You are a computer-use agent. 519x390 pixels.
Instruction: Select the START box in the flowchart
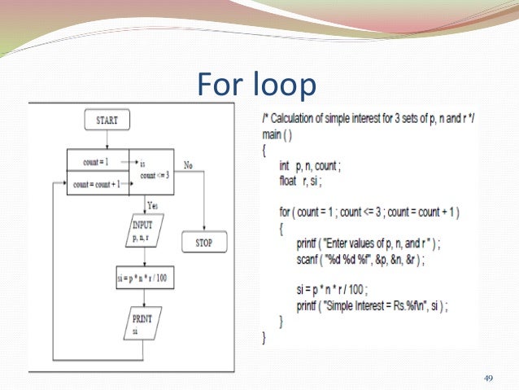[x=107, y=121]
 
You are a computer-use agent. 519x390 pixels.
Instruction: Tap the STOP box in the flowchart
[x=204, y=243]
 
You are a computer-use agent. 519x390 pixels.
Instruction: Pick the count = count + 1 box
[x=96, y=184]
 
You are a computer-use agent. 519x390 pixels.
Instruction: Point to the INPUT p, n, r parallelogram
[x=144, y=228]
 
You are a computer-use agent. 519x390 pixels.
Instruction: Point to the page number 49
[x=489, y=377]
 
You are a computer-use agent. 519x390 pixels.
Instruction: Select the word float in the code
[x=290, y=182]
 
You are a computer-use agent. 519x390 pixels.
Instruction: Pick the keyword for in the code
[x=284, y=212]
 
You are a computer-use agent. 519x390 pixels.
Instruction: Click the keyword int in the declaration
[x=285, y=165]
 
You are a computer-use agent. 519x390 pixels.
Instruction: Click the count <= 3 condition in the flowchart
[x=154, y=174]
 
